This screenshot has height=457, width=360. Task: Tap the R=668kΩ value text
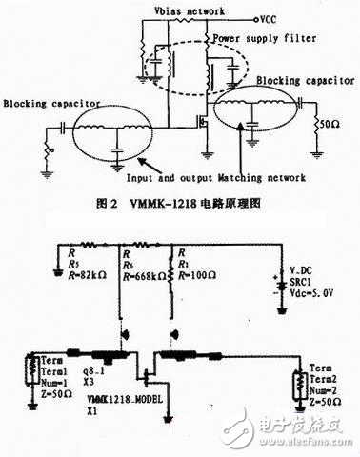(143, 276)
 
